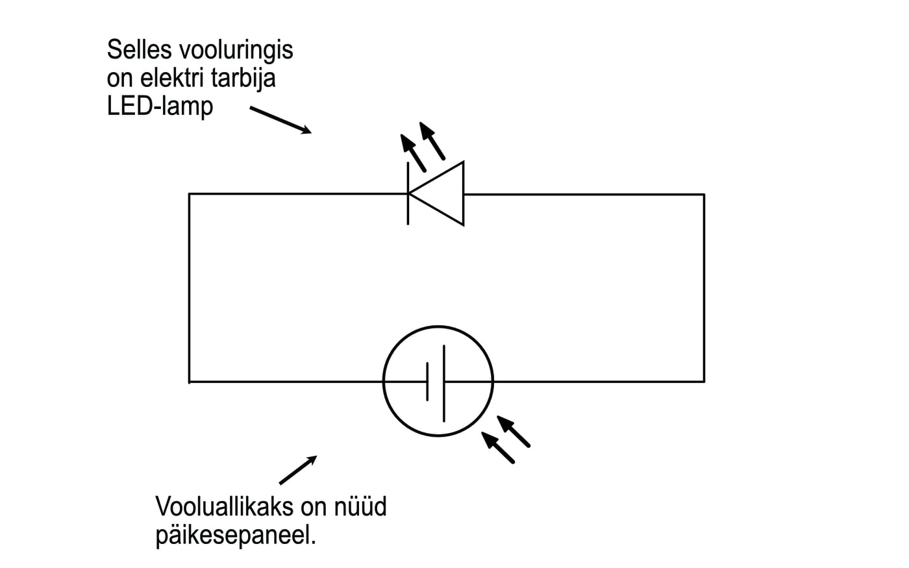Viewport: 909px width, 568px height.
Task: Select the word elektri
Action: [167, 78]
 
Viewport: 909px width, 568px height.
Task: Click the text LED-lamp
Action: [160, 106]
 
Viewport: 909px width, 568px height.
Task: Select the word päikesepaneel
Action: [235, 536]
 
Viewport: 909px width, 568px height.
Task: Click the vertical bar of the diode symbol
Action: [408, 193]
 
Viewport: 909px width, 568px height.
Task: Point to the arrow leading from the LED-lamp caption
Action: [280, 120]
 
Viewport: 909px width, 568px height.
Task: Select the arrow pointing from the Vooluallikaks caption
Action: [298, 469]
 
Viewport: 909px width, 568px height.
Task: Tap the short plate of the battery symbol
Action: [427, 382]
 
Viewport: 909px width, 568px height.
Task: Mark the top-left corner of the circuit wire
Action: [190, 194]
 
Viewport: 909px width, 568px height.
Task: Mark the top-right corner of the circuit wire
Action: [704, 194]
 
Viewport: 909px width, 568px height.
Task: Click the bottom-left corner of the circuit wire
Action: [190, 382]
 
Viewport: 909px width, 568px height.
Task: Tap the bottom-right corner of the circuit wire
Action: [704, 382]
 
